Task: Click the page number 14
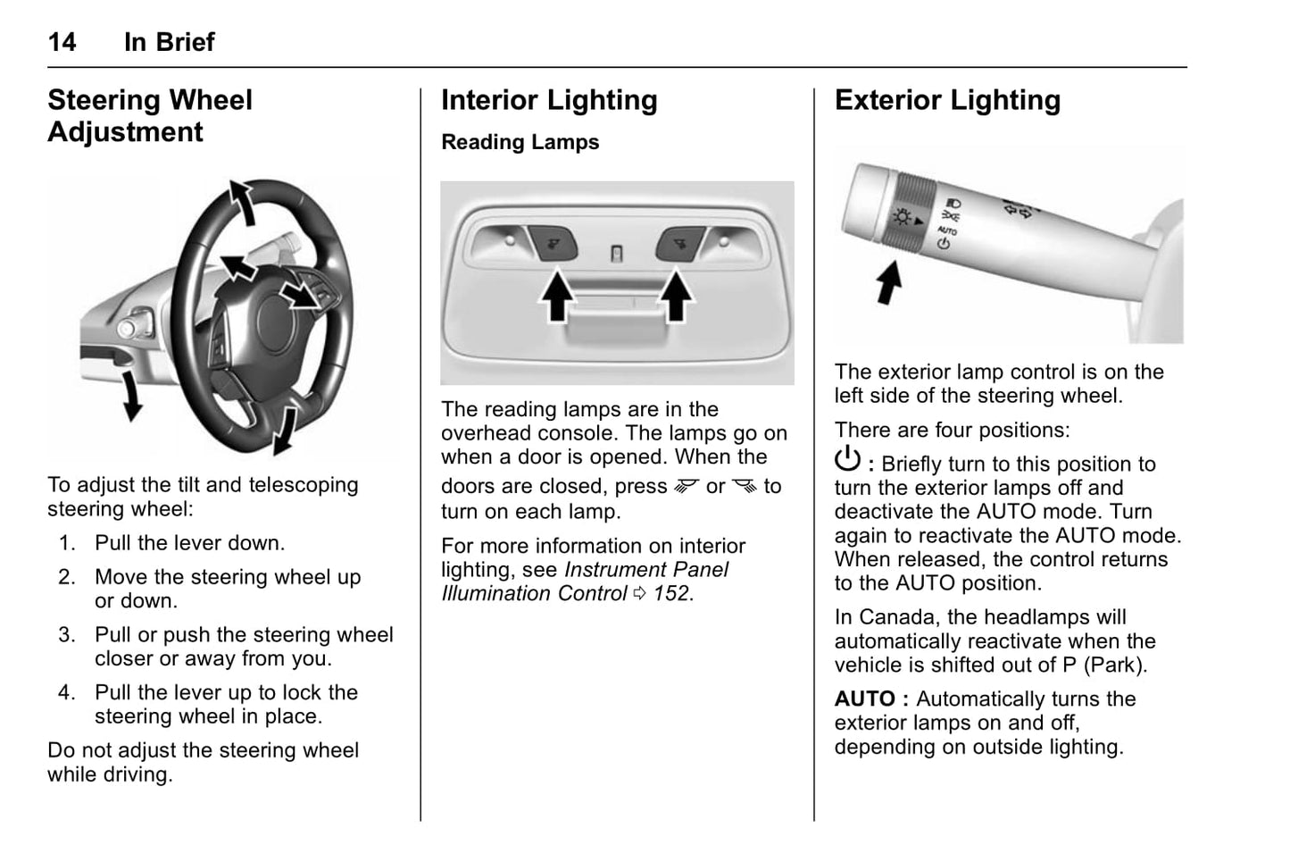tap(62, 42)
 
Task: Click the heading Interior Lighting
tap(549, 100)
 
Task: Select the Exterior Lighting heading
tap(947, 100)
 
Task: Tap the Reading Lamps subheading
tap(520, 142)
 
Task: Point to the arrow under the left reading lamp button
tap(557, 297)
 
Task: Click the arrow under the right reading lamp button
tap(676, 297)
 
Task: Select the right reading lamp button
tap(681, 241)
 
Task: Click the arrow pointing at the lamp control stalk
tap(889, 281)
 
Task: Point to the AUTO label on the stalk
tap(946, 230)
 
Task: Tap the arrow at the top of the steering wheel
tap(241, 201)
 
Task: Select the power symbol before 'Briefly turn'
tap(847, 460)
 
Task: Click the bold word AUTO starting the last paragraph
tap(864, 699)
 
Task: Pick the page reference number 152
tap(670, 594)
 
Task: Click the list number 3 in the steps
tap(67, 635)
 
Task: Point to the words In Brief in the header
tap(169, 42)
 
